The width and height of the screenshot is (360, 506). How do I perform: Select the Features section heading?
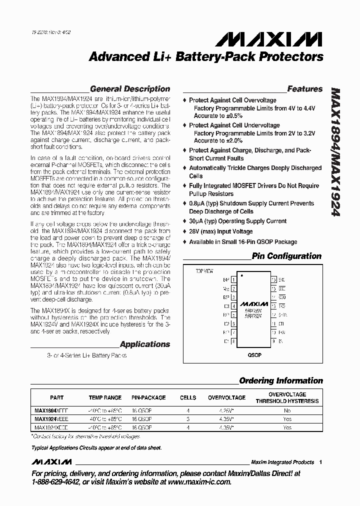click(304, 89)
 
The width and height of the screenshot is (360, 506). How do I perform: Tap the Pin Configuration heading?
click(286, 256)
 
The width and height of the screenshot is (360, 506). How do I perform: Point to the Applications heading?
click(145, 344)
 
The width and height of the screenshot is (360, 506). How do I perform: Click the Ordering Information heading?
click(281, 380)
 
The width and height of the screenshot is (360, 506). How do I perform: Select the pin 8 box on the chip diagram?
click(234, 341)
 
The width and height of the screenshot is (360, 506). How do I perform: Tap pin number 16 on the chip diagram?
click(273, 280)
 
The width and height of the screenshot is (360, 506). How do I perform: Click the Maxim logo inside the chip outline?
click(253, 303)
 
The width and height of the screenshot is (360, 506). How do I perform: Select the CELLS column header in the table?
click(188, 397)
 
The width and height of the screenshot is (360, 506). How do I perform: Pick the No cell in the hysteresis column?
click(287, 409)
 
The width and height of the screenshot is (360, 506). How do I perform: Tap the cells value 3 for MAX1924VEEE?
click(188, 418)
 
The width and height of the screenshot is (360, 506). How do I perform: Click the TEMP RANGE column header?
click(105, 397)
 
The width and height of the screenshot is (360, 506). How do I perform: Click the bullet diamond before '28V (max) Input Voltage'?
click(184, 231)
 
